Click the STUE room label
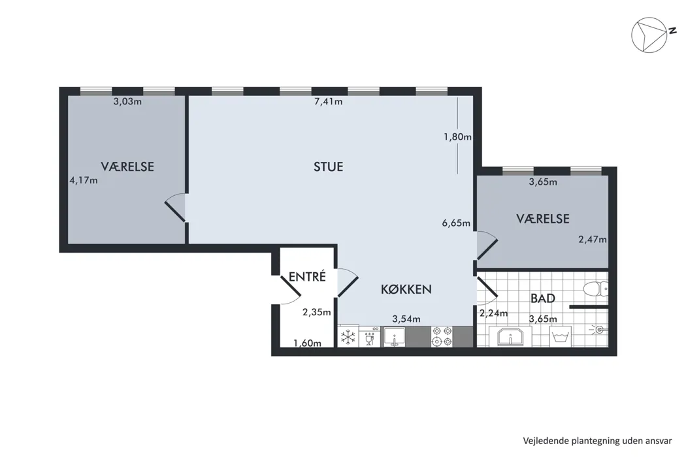click(328, 166)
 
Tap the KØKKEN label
click(406, 289)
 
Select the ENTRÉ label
click(307, 277)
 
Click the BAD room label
click(542, 298)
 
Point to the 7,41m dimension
click(328, 101)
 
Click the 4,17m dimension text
click(84, 180)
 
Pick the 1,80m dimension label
click(457, 136)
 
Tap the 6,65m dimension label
click(456, 223)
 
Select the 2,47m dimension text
click(593, 239)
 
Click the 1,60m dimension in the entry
click(307, 343)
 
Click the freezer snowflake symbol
click(348, 337)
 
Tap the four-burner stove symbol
click(442, 337)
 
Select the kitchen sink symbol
click(395, 337)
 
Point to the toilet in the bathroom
click(596, 289)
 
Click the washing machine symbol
click(561, 337)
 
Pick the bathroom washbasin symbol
click(510, 337)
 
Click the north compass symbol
click(649, 35)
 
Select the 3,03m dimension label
click(127, 101)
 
